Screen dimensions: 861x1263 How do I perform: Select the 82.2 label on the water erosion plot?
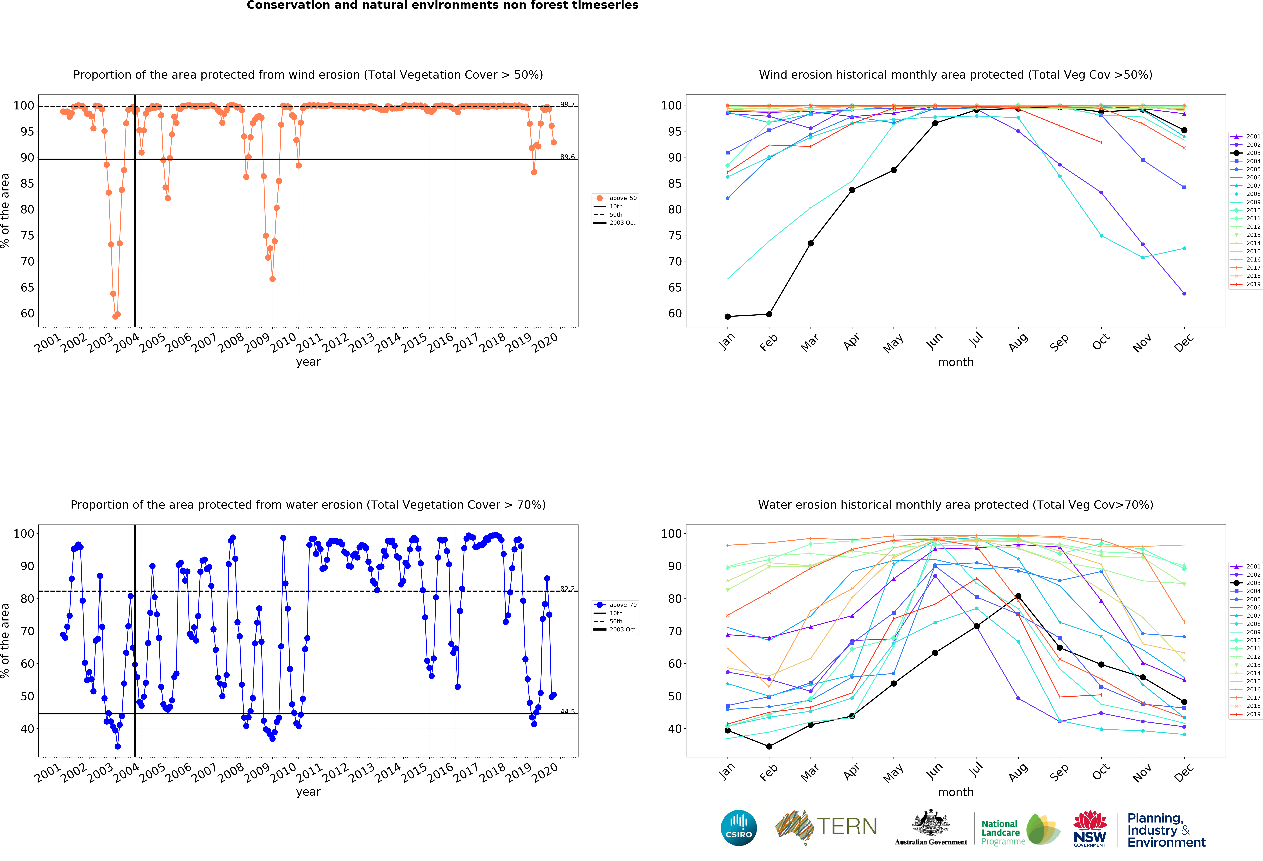(567, 589)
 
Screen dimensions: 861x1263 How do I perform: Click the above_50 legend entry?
(616, 198)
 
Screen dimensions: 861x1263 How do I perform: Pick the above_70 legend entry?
(616, 604)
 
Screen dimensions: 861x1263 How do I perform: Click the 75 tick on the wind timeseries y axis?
(27, 235)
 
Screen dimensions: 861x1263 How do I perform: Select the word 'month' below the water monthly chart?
(955, 792)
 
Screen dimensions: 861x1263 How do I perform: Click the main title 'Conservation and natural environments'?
(442, 5)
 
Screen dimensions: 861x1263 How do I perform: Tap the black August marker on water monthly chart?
(1018, 596)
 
